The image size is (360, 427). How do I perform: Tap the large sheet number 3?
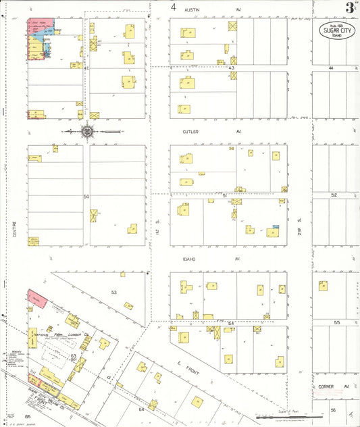point(349,8)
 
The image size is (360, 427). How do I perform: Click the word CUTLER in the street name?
point(190,132)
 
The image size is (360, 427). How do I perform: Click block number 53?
point(114,292)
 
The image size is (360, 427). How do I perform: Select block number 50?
point(86,196)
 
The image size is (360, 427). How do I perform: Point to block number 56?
point(333,410)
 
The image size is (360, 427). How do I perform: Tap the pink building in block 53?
point(36,298)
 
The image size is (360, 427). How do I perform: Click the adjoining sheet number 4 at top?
point(174,7)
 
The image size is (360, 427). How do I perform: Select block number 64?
point(142,409)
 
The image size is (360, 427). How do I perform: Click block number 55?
point(336,323)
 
